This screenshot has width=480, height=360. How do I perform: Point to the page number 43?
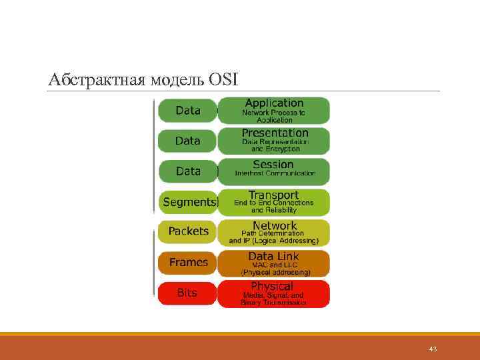433,349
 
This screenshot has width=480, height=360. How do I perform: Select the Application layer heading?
274,103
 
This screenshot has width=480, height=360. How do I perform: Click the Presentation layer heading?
274,133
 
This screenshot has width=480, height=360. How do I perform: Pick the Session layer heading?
273,164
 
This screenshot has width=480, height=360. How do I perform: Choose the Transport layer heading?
273,195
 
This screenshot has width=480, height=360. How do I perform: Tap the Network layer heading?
274,225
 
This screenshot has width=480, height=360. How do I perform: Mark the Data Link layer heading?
273,256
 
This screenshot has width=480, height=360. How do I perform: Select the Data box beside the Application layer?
188,111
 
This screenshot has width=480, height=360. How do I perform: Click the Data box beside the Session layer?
188,171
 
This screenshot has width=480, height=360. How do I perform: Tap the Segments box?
189,202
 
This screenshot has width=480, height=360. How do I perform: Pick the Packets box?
188,231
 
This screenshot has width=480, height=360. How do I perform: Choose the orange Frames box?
188,262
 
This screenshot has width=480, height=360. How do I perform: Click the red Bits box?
187,293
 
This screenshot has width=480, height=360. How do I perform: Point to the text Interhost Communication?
274,173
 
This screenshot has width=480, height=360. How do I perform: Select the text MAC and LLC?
273,265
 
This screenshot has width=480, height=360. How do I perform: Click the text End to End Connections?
273,203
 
